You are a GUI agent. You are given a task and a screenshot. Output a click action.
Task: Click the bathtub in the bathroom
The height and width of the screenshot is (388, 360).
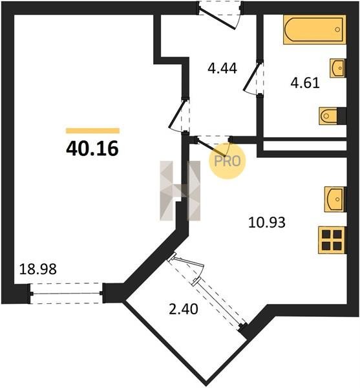pyautogui.click(x=315, y=30)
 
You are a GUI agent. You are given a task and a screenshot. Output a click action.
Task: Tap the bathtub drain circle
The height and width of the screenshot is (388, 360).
pyautogui.click(x=337, y=30)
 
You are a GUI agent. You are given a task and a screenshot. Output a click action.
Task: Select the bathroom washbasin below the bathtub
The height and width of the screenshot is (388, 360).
pyautogui.click(x=337, y=68)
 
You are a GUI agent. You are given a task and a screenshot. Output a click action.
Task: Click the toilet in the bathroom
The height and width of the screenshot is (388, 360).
pyautogui.click(x=328, y=116)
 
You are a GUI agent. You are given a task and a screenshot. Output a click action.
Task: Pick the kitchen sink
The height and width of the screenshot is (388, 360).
pyautogui.click(x=334, y=199)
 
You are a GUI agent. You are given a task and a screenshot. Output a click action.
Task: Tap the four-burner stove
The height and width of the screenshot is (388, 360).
pyautogui.click(x=332, y=240)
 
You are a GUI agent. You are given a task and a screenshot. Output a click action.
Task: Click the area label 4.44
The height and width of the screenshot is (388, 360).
pyautogui.click(x=222, y=69)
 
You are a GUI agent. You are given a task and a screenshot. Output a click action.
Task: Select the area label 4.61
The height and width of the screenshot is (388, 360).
pyautogui.click(x=305, y=83)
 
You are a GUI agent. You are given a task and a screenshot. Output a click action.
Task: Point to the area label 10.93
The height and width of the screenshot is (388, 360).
pyautogui.click(x=267, y=222)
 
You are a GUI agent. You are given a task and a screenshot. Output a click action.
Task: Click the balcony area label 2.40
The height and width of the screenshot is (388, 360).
pyautogui.click(x=184, y=309)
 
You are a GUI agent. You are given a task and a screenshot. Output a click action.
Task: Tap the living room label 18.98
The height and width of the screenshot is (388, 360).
pyautogui.click(x=38, y=269)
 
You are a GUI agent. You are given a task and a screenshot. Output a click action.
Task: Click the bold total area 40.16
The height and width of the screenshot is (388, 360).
pyautogui.click(x=92, y=149)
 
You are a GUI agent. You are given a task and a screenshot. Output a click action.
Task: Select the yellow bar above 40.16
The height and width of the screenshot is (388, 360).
pyautogui.click(x=92, y=131)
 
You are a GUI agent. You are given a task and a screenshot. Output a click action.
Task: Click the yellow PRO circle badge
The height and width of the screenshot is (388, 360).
pyautogui.click(x=228, y=161)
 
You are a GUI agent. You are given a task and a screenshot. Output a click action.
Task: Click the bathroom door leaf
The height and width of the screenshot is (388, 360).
pyautogui.click(x=252, y=77)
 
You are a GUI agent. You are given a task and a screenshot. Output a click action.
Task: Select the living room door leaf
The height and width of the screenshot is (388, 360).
pyautogui.click(x=177, y=114)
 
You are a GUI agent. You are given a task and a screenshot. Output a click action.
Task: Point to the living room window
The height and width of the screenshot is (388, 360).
pyautogui.click(x=67, y=294)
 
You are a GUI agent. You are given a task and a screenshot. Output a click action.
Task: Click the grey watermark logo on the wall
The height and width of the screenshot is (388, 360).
pyautogui.click(x=180, y=191)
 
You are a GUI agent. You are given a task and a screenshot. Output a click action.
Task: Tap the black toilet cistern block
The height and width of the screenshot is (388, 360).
pyautogui.click(x=341, y=116)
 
